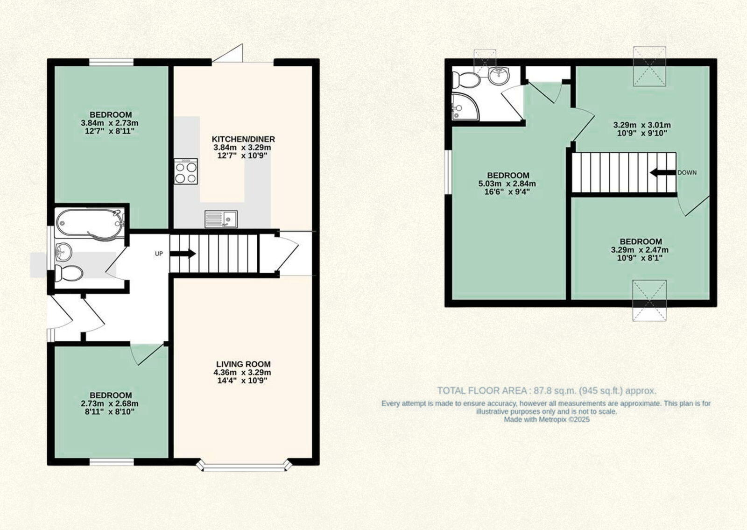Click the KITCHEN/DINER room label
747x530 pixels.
(243, 139)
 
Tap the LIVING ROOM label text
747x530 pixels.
(243, 364)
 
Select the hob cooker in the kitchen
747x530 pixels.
(186, 171)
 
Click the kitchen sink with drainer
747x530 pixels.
(221, 219)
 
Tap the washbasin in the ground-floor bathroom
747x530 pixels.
(63, 253)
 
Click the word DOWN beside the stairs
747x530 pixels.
(687, 173)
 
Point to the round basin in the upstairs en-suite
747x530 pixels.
(499, 75)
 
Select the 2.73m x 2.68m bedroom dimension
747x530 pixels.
(110, 403)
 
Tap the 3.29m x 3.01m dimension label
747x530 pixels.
(641, 125)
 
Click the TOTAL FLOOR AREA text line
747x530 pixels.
(547, 391)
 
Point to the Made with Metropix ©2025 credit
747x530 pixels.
(547, 420)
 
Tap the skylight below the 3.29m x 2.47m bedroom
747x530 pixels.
(649, 301)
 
